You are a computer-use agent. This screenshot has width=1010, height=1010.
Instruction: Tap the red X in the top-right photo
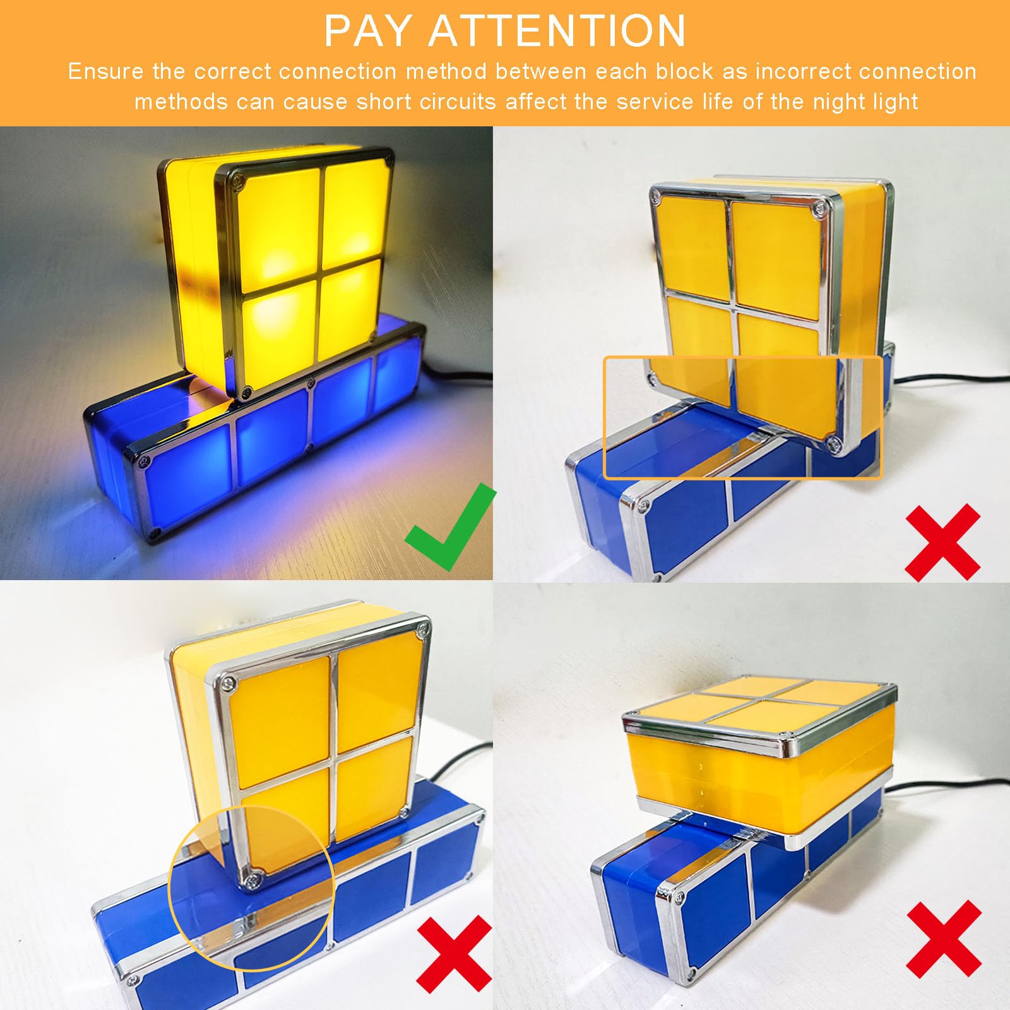tap(942, 542)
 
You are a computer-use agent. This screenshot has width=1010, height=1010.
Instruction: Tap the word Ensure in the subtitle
tap(105, 71)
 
